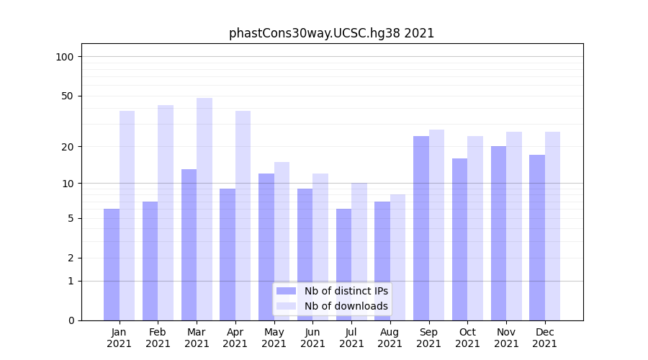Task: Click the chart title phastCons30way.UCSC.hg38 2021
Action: pos(331,33)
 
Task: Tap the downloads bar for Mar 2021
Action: pos(204,209)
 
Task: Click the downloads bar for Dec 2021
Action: pos(553,226)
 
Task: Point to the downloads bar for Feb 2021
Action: pos(166,212)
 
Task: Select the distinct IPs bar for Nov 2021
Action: pos(498,233)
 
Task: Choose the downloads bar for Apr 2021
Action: pos(243,215)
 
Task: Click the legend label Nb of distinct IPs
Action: pos(346,291)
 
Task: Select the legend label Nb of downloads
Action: pos(346,306)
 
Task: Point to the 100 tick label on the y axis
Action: pos(65,57)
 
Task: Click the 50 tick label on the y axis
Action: pos(68,96)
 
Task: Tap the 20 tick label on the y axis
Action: pos(68,147)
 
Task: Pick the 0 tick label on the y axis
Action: pos(71,320)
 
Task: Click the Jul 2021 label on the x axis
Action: pos(351,338)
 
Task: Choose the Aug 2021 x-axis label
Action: pos(390,338)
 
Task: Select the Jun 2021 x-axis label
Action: pos(312,338)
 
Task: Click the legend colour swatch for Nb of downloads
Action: pos(286,306)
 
